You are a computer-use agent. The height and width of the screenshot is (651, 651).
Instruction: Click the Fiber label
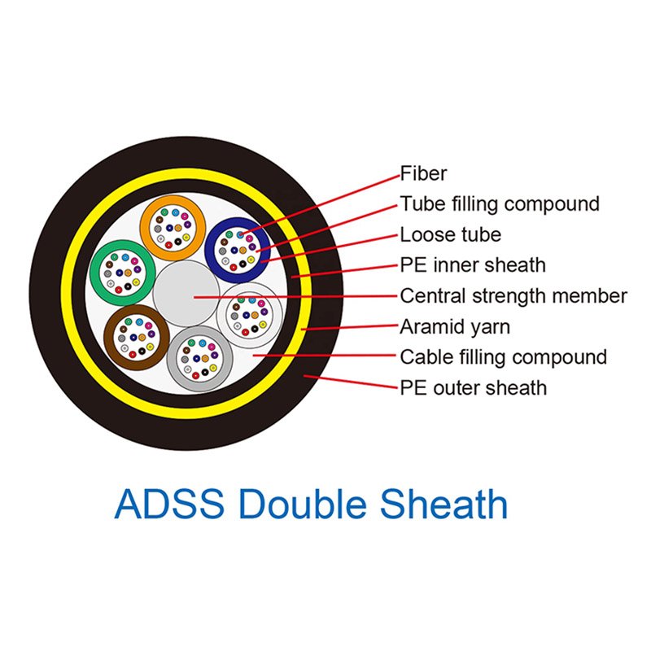[423, 173]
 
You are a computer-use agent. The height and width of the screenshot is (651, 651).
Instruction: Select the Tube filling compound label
[500, 204]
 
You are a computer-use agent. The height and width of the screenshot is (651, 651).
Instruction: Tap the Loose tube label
[451, 234]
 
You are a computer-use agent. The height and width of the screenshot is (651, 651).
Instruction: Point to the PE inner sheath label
[473, 265]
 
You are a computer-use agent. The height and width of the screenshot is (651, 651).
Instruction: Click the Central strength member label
[513, 296]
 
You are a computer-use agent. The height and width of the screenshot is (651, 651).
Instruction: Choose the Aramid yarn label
[455, 327]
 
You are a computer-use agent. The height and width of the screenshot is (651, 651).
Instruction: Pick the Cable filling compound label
[504, 357]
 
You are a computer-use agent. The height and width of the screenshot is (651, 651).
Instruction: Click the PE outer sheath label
[474, 388]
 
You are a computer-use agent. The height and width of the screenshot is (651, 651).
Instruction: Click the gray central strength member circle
[186, 293]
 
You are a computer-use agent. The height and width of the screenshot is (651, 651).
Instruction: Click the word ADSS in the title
[169, 505]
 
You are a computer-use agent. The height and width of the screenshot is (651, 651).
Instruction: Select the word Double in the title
[303, 504]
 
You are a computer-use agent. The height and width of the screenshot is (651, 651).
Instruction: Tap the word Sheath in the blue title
[443, 504]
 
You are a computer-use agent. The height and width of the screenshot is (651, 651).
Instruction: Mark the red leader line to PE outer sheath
[351, 382]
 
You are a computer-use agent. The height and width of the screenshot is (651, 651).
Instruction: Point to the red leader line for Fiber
[320, 205]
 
